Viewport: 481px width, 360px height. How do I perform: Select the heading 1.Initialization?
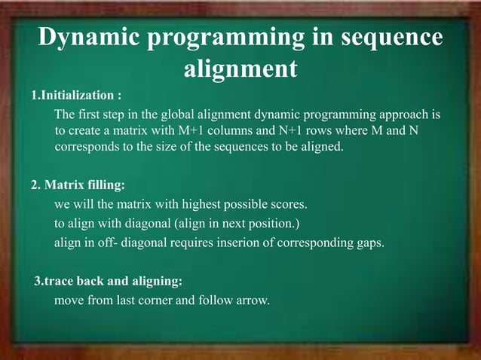click(76, 96)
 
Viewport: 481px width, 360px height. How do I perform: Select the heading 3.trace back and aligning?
click(109, 282)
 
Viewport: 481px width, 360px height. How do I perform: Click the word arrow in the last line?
click(252, 301)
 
